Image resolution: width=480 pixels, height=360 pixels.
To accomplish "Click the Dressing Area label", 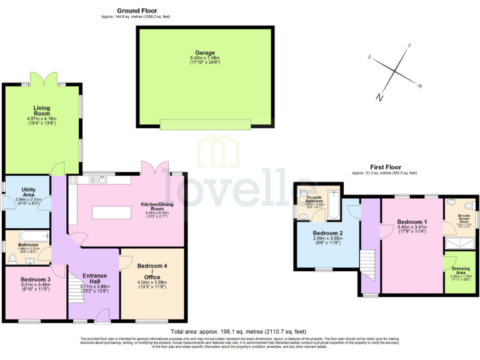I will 460,272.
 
